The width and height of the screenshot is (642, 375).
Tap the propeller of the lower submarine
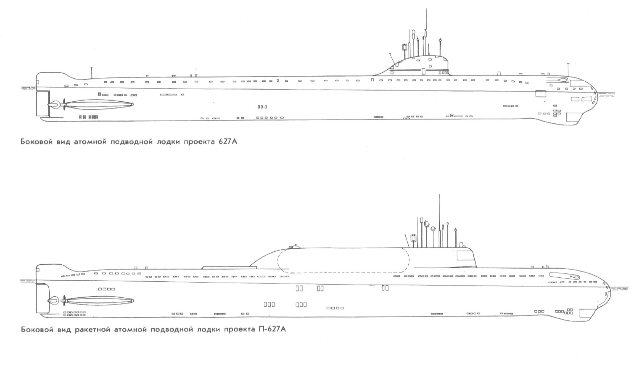point(64,301)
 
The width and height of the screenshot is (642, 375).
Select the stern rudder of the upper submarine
point(42,103)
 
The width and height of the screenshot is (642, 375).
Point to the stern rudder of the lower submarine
point(42,298)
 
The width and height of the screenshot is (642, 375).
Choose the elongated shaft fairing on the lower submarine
point(100,301)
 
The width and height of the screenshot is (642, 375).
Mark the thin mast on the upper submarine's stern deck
point(92,73)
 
